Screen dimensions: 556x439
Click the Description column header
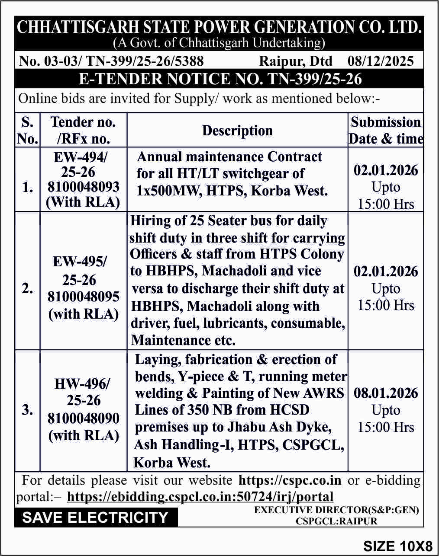click(237, 131)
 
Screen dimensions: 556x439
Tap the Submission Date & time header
click(386, 130)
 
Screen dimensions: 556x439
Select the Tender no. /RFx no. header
click(83, 130)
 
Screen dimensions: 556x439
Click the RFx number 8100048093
click(83, 187)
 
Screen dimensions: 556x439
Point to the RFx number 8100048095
click(83, 297)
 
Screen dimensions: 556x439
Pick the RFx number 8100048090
click(83, 418)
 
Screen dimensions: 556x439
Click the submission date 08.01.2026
click(386, 393)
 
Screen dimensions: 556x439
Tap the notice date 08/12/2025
click(381, 61)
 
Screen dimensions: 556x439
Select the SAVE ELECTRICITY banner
click(95, 518)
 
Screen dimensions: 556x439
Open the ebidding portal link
click(200, 497)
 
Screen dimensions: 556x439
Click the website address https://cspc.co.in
click(290, 480)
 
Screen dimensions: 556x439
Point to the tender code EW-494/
click(81, 157)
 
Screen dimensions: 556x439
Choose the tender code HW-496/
click(82, 383)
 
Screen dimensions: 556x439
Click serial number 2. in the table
click(27, 288)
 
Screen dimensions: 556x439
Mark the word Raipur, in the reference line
click(280, 61)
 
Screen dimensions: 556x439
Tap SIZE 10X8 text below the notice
click(398, 546)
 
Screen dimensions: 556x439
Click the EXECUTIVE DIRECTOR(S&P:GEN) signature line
click(336, 510)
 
